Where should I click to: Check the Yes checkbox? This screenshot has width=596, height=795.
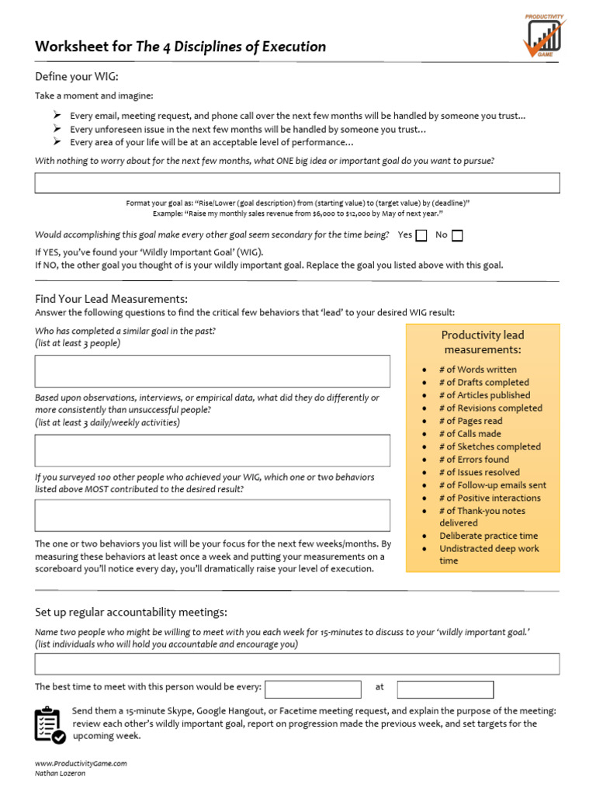pos(421,235)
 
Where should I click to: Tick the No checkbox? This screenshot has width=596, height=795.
pos(457,235)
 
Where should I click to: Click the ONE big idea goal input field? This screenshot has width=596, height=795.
pos(297,183)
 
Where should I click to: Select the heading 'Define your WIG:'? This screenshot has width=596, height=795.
pos(77,76)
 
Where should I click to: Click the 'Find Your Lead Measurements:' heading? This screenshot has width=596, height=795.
pos(111,299)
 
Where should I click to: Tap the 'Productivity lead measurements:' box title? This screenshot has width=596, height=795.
pos(482,342)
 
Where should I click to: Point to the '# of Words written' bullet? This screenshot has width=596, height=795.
pos(477,370)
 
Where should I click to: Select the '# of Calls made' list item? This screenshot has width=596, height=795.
pos(470,434)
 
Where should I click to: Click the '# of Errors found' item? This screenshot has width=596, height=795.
pos(473,460)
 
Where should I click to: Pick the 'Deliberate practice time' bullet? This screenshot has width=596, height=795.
pos(488,536)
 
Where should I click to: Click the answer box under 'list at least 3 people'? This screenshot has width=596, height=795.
pos(213,371)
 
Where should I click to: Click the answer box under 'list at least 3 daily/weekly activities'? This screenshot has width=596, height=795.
pos(213,450)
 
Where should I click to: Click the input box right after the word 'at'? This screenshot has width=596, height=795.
pos(445,689)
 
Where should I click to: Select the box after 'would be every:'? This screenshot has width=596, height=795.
pos(313,689)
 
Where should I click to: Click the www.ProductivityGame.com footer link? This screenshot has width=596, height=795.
pos(81,763)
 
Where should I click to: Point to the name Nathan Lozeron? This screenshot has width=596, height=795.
pos(61,773)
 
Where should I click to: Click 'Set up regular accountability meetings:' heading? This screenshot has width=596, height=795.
pos(131,613)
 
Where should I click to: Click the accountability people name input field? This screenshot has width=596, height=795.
pos(297,664)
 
